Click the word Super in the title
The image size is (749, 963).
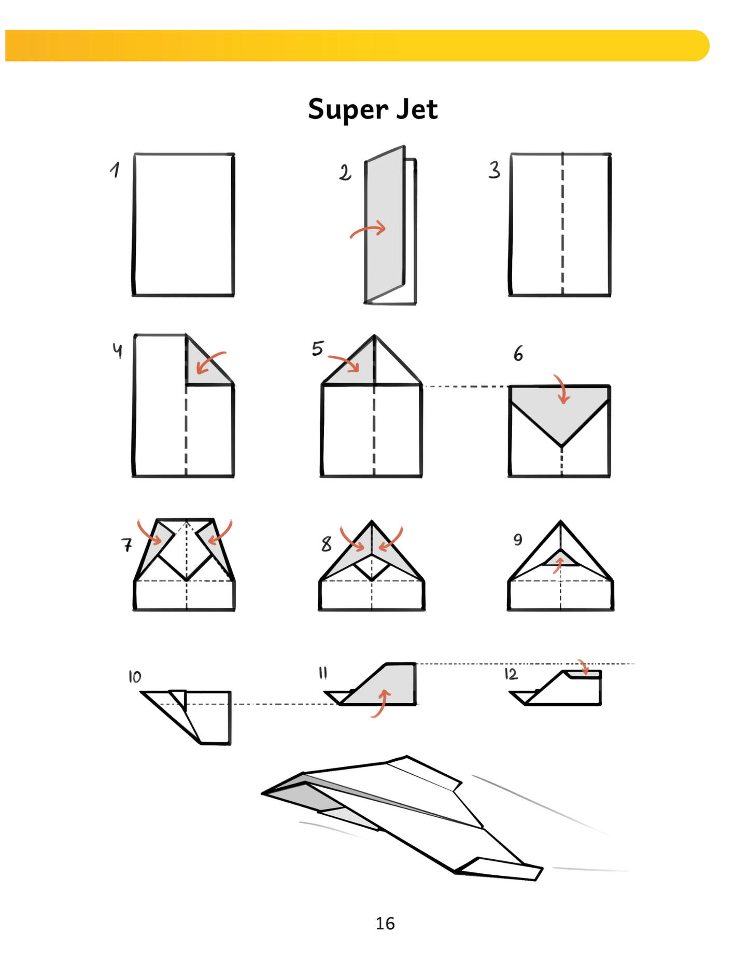point(348,110)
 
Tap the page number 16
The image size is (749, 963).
point(385,923)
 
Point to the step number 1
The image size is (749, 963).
point(115,170)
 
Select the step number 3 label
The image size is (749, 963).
point(494,170)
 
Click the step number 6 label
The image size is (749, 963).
point(518,354)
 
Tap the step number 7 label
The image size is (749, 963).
point(126,545)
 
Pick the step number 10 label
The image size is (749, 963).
point(135,677)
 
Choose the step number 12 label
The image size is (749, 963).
point(511,674)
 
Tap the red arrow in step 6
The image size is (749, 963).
point(562,388)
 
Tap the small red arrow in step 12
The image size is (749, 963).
point(584,667)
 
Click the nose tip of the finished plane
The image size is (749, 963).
point(262,793)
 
